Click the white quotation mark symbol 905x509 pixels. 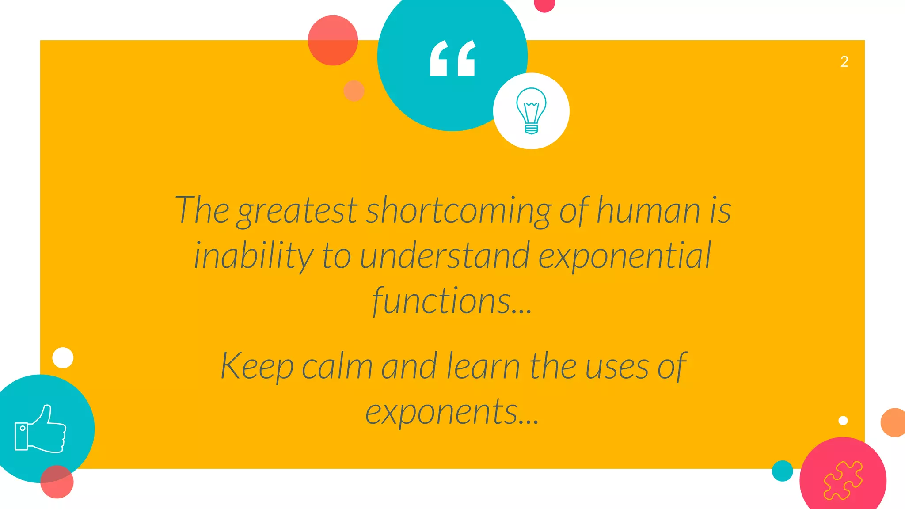[452, 58]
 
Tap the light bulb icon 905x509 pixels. [531, 111]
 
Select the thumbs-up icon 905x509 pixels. [41, 429]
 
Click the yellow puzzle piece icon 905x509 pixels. [843, 480]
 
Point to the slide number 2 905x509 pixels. [844, 62]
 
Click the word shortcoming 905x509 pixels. [459, 210]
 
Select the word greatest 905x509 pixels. [297, 211]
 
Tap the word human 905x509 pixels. [648, 210]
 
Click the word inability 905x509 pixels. [254, 256]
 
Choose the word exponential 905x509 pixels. [625, 256]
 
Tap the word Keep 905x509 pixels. [257, 366]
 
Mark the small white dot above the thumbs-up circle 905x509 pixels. [63, 357]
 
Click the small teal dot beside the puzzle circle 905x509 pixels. [782, 471]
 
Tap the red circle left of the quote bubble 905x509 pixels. [333, 41]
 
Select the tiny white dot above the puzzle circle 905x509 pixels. [843, 420]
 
